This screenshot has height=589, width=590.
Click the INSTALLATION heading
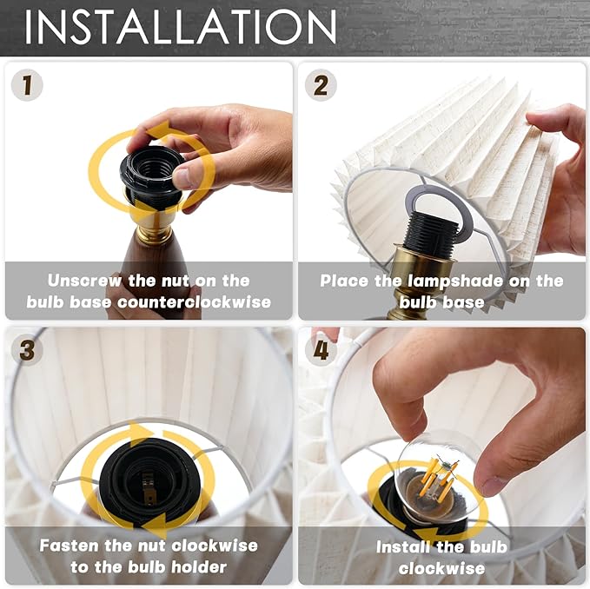point(180,29)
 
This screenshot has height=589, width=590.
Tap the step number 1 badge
point(27,85)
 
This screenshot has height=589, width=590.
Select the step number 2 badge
point(321,85)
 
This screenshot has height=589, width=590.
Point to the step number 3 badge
point(27,350)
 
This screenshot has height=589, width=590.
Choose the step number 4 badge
point(321,350)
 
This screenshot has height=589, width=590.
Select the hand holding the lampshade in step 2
point(560,174)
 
